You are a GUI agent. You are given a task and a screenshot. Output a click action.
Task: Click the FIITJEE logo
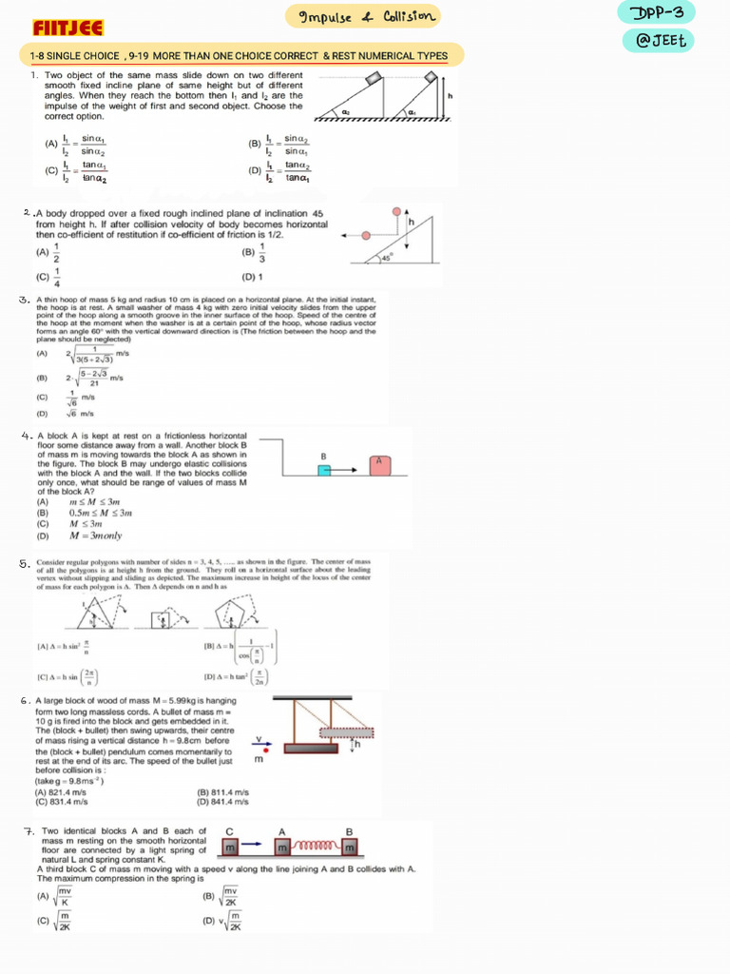[x=68, y=28]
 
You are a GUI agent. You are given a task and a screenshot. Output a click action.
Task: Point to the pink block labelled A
[x=379, y=465]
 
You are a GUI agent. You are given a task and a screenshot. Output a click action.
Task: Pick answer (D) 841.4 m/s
[x=222, y=801]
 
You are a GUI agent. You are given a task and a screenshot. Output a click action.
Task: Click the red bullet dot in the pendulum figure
[x=264, y=750]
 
